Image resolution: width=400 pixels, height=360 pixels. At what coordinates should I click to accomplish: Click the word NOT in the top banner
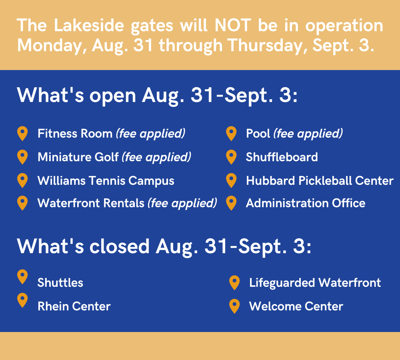click(233, 25)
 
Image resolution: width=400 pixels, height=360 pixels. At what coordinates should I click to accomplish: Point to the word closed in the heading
click(119, 246)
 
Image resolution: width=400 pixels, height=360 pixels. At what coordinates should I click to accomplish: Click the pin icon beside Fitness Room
click(22, 134)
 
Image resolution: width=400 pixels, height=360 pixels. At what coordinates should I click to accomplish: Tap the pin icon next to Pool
click(231, 134)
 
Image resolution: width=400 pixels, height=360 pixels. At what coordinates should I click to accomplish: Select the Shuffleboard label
click(282, 157)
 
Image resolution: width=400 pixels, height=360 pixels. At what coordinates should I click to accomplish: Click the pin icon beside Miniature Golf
click(22, 157)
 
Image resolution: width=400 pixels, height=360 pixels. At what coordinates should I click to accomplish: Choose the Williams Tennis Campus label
click(106, 181)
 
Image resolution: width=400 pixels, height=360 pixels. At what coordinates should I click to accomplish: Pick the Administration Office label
click(306, 203)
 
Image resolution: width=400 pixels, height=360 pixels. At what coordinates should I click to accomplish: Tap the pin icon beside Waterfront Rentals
click(22, 203)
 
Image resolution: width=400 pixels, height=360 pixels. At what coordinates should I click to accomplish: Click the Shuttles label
click(60, 283)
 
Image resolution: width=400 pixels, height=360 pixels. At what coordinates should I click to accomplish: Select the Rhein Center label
click(74, 306)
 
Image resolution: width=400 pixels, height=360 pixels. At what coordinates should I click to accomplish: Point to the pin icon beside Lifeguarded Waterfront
click(234, 283)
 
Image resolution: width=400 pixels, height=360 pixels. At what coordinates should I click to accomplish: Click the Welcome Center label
click(296, 306)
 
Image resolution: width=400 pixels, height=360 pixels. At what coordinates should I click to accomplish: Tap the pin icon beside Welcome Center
click(234, 306)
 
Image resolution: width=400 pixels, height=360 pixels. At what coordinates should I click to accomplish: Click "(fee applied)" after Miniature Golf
click(156, 157)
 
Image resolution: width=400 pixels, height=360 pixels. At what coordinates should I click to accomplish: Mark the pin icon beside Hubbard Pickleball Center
click(231, 180)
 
